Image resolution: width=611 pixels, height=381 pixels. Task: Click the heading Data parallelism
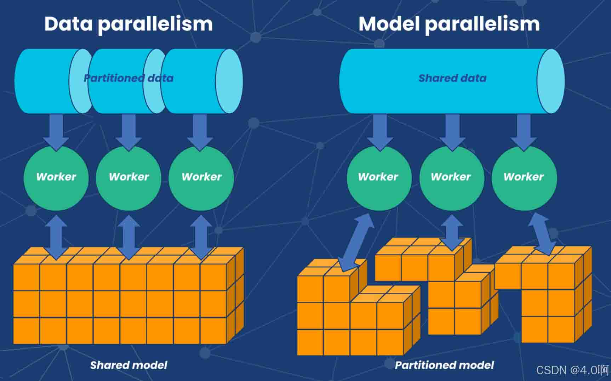(129, 24)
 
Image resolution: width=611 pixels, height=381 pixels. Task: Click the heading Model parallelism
(449, 24)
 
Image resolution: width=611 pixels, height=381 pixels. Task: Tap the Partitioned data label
(129, 78)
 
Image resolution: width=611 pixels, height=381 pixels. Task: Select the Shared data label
(452, 78)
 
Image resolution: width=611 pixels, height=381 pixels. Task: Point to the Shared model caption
(129, 365)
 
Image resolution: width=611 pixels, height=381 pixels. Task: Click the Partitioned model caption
(444, 365)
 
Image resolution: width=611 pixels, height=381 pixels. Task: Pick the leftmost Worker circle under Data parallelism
(56, 178)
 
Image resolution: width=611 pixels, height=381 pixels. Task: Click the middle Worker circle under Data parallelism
(129, 178)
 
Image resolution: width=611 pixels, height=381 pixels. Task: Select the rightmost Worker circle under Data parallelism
(201, 178)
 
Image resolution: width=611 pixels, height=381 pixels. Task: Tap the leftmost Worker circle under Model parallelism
(379, 178)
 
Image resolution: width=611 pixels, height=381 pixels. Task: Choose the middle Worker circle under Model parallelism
(452, 178)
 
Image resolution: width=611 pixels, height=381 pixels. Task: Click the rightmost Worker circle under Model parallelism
(524, 178)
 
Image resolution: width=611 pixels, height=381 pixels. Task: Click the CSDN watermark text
(572, 370)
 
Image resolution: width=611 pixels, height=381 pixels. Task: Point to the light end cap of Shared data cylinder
(550, 81)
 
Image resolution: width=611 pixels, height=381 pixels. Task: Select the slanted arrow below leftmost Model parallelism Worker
(356, 243)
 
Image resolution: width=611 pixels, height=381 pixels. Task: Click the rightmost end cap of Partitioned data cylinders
(229, 81)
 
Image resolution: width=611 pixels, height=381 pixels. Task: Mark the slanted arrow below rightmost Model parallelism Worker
(542, 234)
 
